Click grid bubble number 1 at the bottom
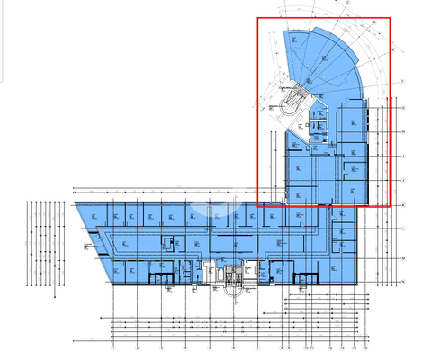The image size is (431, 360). click(113, 346)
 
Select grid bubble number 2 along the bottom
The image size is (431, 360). click(138, 346)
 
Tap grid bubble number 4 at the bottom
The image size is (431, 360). click(185, 346)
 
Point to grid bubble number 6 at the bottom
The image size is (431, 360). click(234, 346)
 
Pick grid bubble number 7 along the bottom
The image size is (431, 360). click(258, 346)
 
